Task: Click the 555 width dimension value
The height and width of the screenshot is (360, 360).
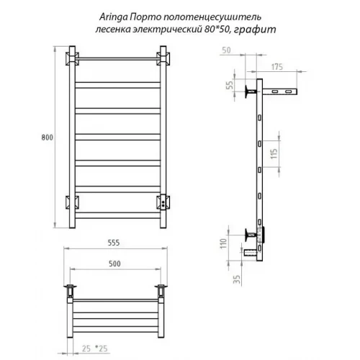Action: [x=115, y=243]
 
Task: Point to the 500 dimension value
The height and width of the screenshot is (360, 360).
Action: [x=115, y=264]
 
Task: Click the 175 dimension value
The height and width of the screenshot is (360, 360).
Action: [x=276, y=66]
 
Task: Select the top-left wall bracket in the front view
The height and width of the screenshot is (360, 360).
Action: [x=71, y=58]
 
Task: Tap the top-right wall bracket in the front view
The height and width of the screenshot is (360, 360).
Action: [x=165, y=58]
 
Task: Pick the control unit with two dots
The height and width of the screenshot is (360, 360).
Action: [x=166, y=201]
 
